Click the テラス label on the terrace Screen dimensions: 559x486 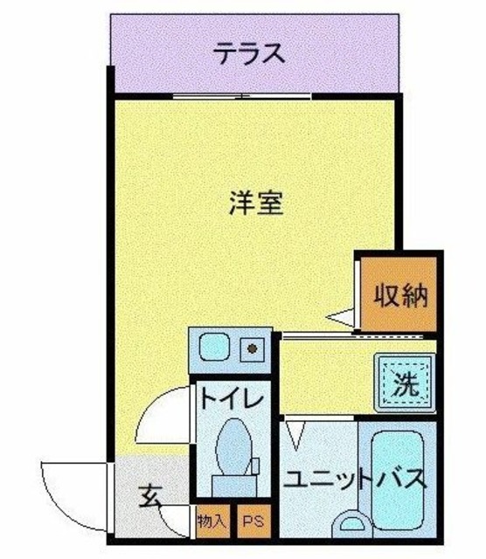pos(250,55)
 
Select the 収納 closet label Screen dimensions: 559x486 pos(401,296)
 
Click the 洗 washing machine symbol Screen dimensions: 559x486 pos(405,383)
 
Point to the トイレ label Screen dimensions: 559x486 pos(231,400)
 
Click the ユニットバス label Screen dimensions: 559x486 pos(357,479)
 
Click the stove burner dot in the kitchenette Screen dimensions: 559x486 pos(252,349)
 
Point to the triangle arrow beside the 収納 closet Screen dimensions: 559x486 pos(341,319)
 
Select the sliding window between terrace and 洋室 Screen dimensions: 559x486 pos(240,94)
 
